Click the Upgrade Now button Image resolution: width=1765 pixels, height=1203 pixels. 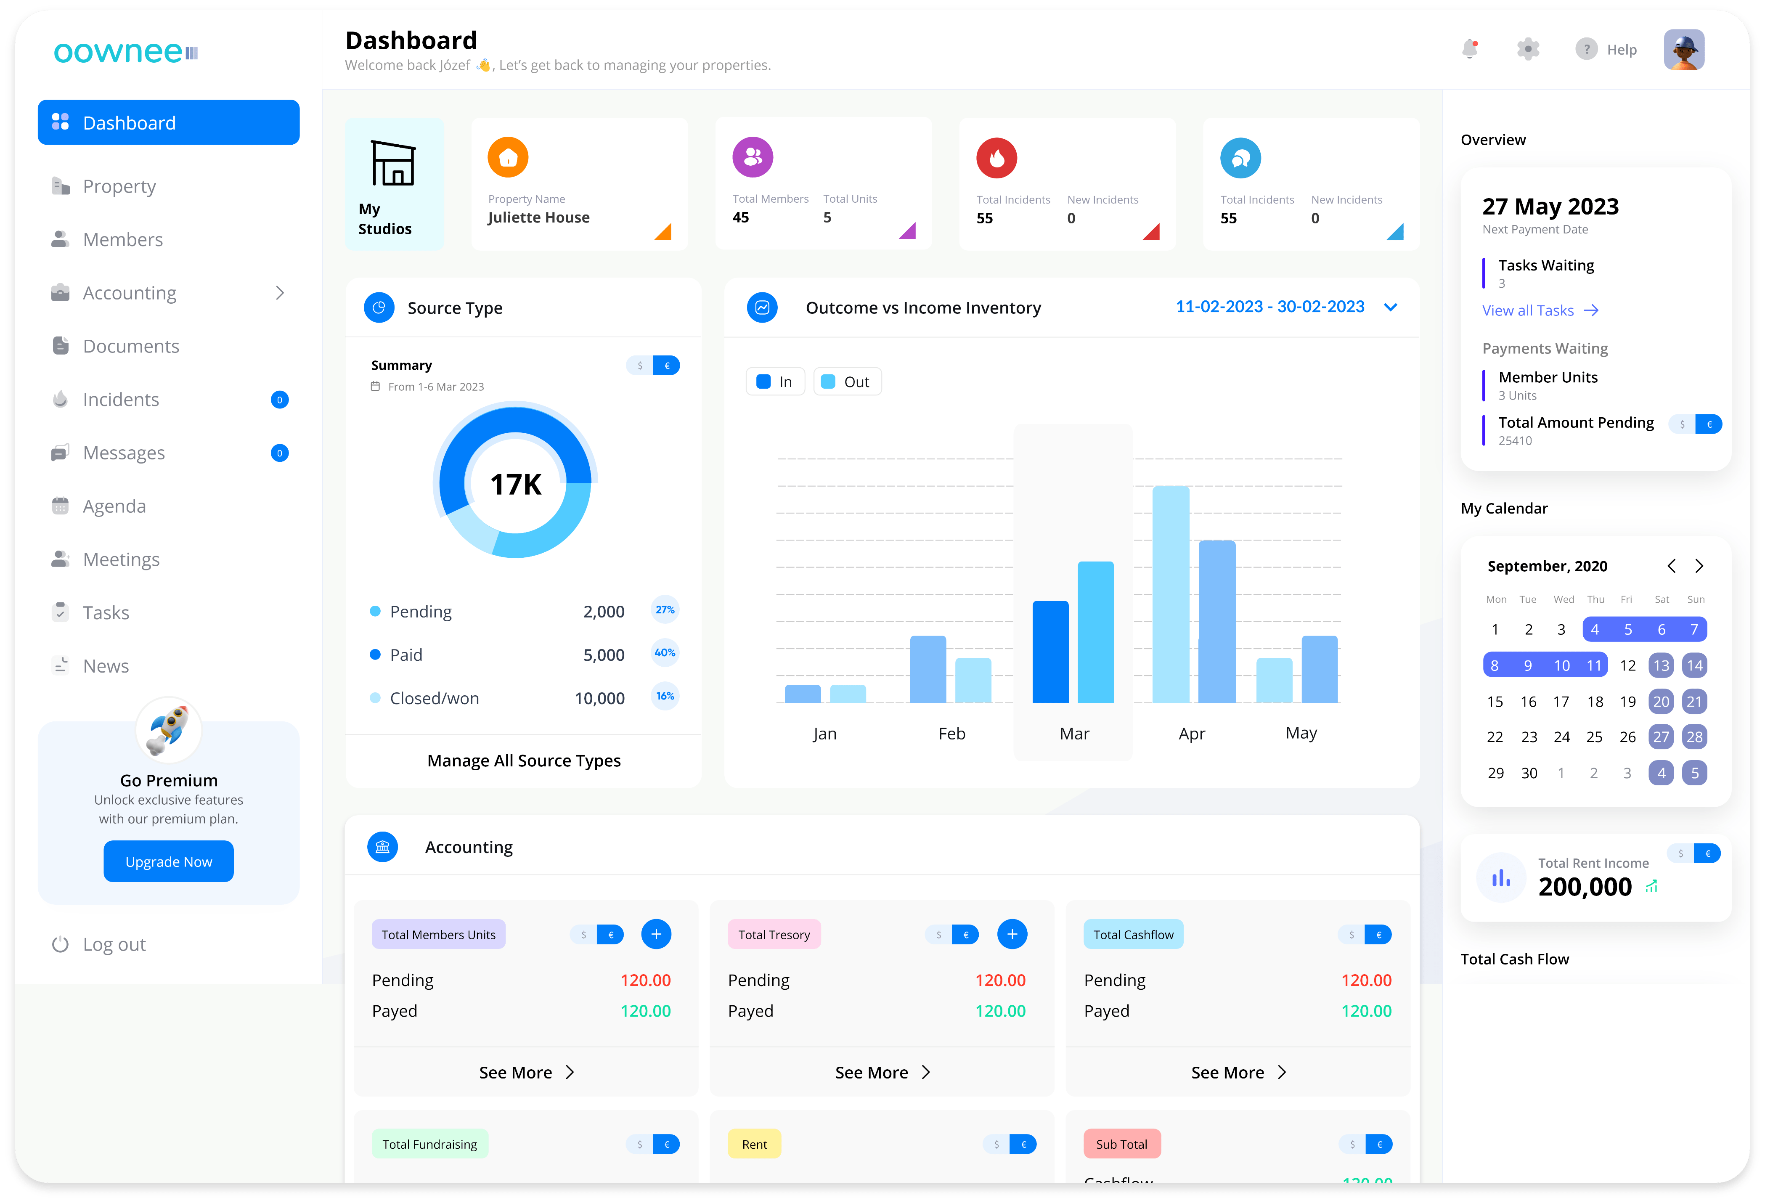pos(169,861)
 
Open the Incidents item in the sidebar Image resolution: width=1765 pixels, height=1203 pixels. pos(121,400)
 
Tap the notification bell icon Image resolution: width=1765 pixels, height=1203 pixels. pos(1470,49)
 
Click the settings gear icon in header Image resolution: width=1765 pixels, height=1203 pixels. pos(1527,49)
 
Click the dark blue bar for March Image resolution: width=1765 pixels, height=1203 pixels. pos(1050,652)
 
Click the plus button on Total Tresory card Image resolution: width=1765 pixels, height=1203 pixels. pos(1012,934)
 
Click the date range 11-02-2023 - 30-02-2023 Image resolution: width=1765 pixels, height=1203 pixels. pos(1270,307)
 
